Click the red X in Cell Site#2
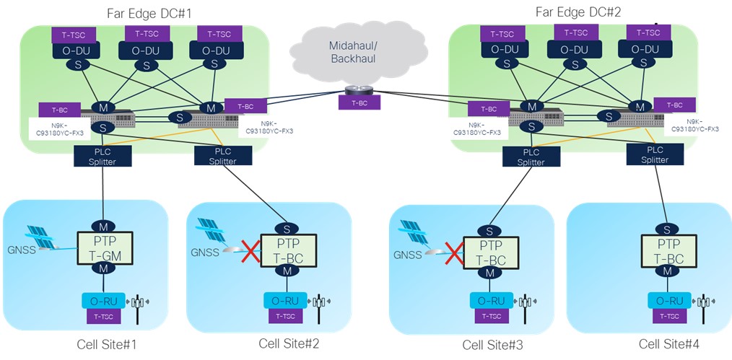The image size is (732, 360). click(250, 253)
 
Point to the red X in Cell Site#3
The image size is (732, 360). click(453, 253)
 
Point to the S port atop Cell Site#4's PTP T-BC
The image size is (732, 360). click(663, 229)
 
